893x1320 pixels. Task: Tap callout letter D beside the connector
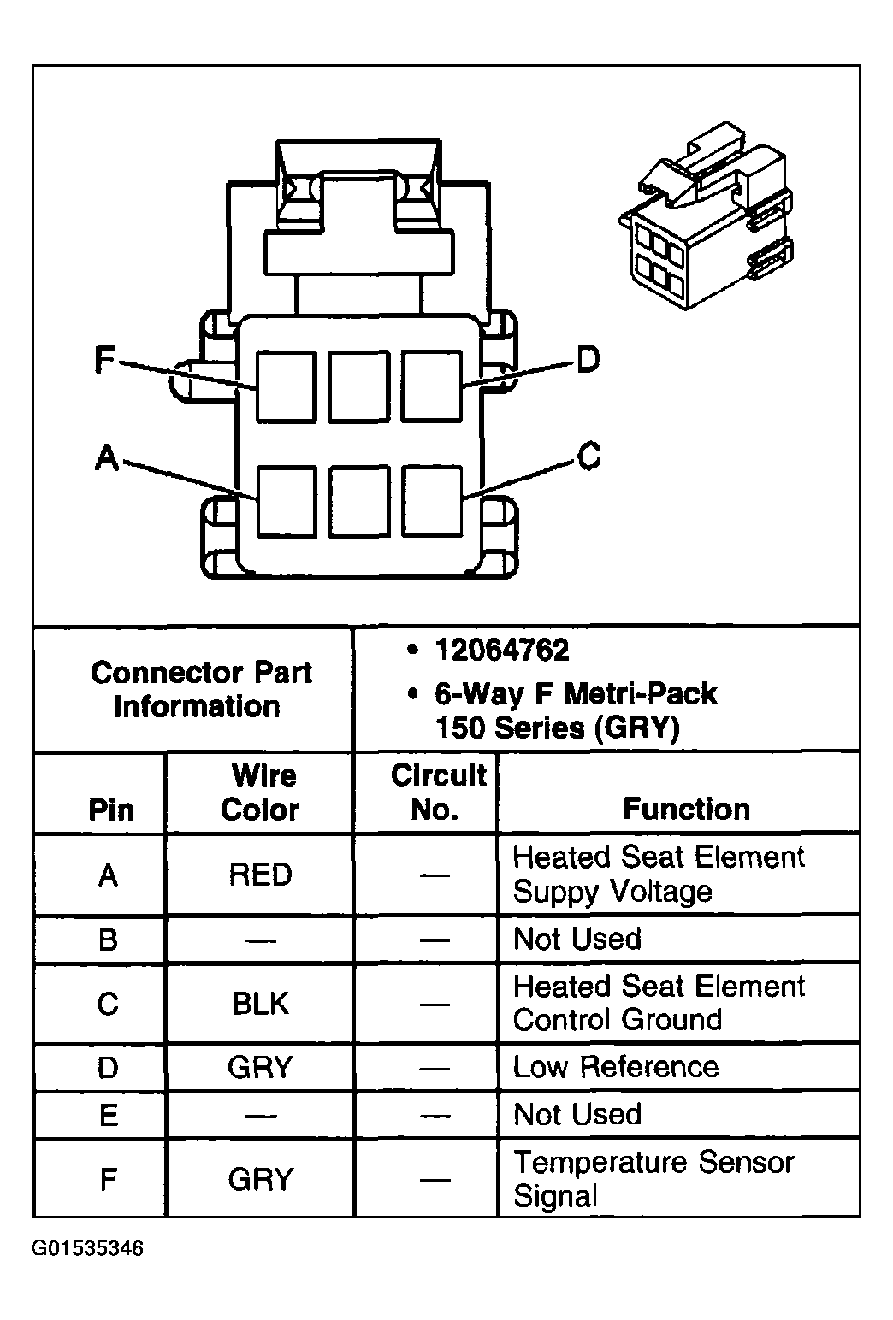tap(588, 359)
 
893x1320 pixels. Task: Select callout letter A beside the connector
tap(107, 457)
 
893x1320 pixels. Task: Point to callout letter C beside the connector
tap(588, 456)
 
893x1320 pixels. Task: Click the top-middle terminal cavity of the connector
tap(358, 386)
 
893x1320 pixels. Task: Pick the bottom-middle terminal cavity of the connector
tap(359, 502)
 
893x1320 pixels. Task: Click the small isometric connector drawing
tap(707, 215)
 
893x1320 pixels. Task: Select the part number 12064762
tap(502, 650)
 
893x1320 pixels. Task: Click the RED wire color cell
tap(261, 875)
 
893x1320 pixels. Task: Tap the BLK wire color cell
tap(261, 1004)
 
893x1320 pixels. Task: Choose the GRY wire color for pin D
tap(260, 1067)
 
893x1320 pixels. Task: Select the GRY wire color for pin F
tap(261, 1179)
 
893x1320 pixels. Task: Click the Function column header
tap(687, 809)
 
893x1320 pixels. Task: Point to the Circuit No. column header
tap(439, 792)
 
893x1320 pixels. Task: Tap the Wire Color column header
tap(260, 792)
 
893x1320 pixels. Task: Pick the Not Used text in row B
tap(577, 939)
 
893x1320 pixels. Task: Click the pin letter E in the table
tap(109, 1115)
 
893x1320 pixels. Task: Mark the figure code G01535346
tap(87, 1249)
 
